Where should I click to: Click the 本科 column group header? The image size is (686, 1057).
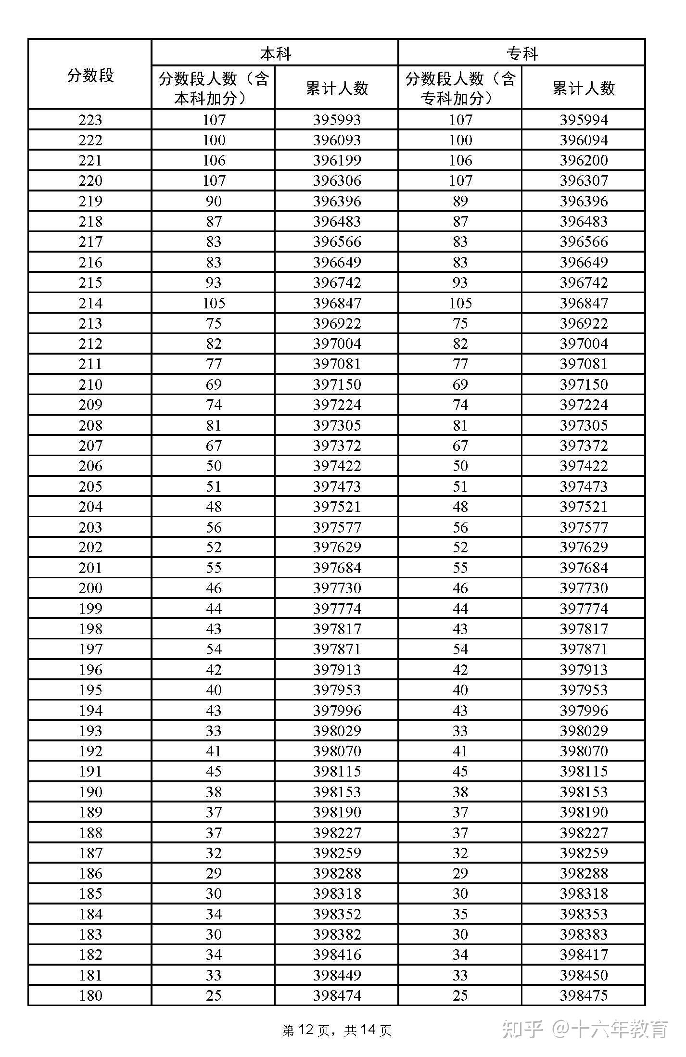[275, 53]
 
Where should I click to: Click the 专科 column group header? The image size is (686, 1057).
[521, 53]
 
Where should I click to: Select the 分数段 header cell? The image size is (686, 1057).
[90, 75]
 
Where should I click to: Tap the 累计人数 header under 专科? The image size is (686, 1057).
[583, 88]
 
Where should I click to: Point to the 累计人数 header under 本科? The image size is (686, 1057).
[337, 88]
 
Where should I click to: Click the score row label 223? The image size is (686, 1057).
[90, 120]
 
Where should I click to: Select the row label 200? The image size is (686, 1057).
[90, 588]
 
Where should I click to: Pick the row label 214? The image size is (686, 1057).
[90, 303]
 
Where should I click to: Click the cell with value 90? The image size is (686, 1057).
[214, 201]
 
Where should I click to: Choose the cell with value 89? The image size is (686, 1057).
[460, 201]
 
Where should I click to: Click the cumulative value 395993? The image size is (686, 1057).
[337, 120]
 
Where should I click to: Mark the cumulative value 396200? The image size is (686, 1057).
[583, 160]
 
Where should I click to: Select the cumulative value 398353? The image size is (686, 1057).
[583, 914]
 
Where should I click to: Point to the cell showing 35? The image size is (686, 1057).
[460, 914]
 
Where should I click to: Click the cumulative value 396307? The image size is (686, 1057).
[583, 181]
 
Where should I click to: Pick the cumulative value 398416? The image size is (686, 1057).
[337, 955]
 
